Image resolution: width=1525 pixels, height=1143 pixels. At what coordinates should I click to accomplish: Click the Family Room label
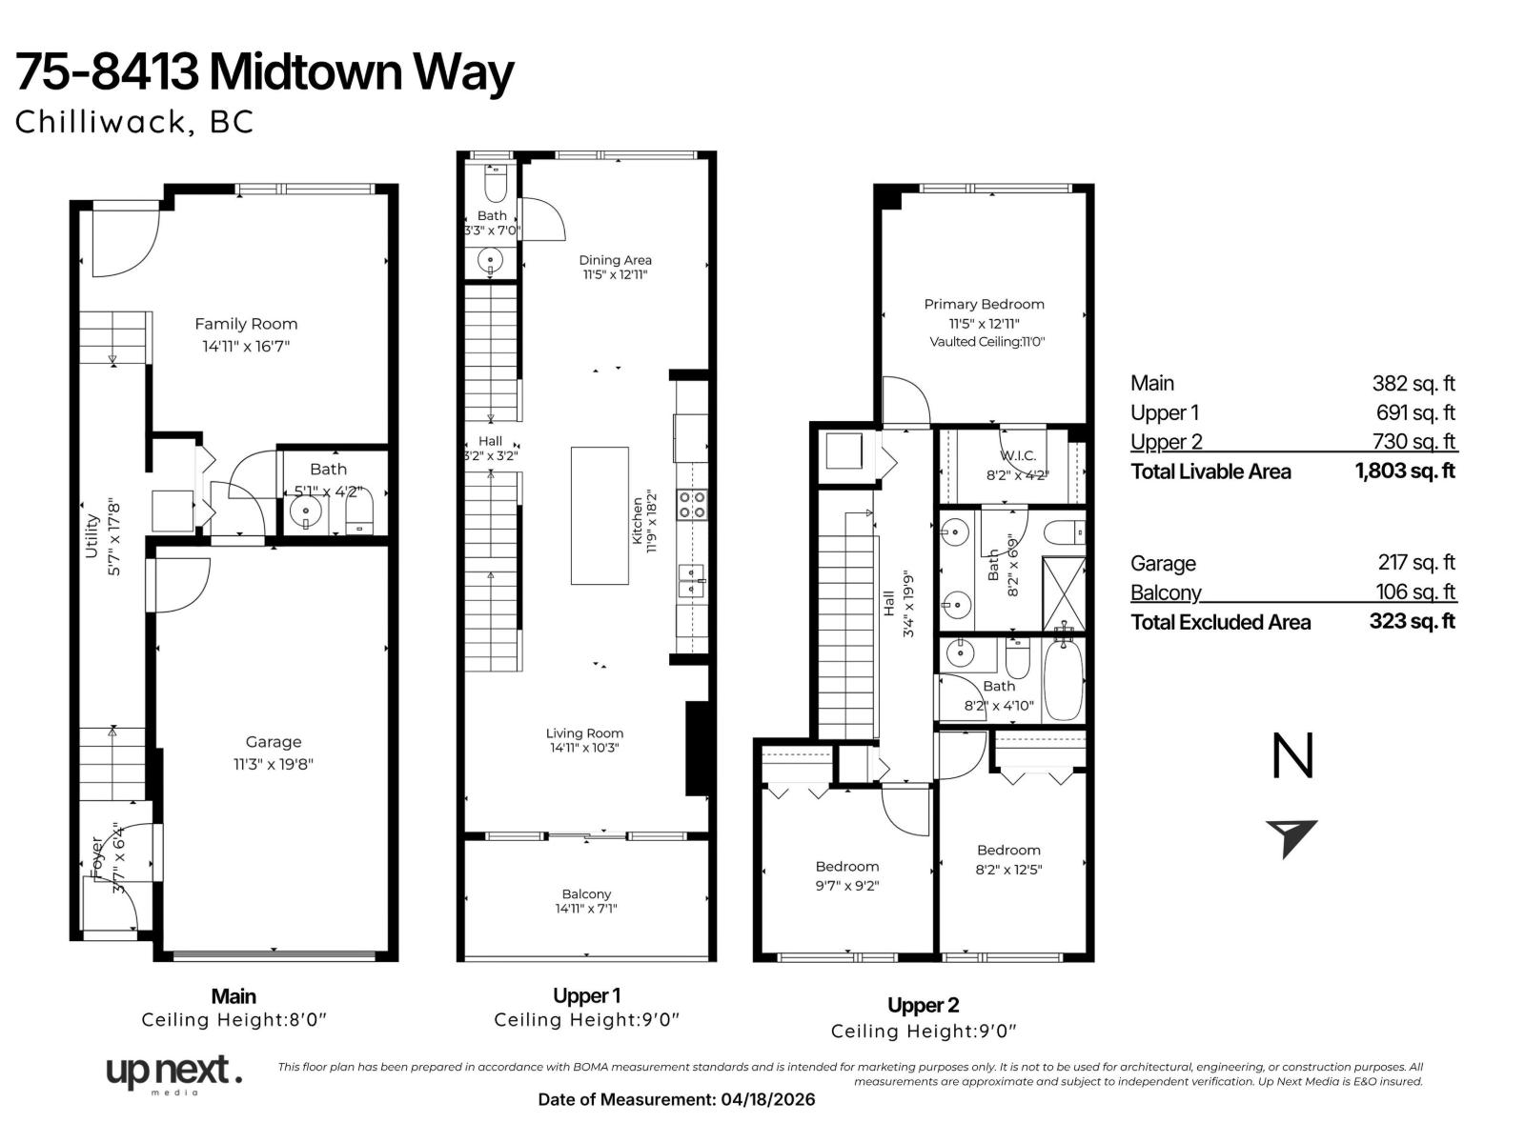[246, 324]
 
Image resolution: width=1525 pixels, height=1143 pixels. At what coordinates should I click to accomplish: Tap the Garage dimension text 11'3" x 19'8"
[273, 763]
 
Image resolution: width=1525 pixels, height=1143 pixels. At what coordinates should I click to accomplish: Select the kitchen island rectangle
[600, 515]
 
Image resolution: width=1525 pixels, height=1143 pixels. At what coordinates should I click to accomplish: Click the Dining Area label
[615, 259]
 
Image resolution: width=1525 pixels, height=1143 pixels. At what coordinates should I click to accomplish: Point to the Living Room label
[584, 732]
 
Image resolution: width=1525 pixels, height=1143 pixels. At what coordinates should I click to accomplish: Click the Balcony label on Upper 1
[586, 893]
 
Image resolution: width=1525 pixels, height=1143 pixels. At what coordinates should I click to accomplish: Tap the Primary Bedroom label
[984, 304]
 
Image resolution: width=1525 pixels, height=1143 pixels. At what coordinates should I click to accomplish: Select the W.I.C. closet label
[1018, 456]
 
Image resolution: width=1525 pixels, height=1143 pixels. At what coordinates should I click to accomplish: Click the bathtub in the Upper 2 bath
[1064, 679]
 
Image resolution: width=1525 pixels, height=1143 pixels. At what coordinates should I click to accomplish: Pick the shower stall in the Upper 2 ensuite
[1063, 592]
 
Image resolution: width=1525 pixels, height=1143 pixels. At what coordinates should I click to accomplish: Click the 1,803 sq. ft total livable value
[1405, 471]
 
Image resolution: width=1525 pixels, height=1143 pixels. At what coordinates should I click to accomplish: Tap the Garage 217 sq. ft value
[1416, 563]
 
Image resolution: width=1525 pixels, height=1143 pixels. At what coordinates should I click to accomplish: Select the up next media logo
[173, 1073]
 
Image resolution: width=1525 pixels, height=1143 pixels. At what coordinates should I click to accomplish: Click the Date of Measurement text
[677, 1099]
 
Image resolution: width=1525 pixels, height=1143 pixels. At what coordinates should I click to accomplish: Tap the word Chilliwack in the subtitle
[100, 122]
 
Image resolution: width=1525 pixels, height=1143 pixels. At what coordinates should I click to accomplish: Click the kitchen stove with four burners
[692, 504]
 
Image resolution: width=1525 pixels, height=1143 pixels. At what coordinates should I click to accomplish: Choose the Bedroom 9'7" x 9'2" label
[846, 866]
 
